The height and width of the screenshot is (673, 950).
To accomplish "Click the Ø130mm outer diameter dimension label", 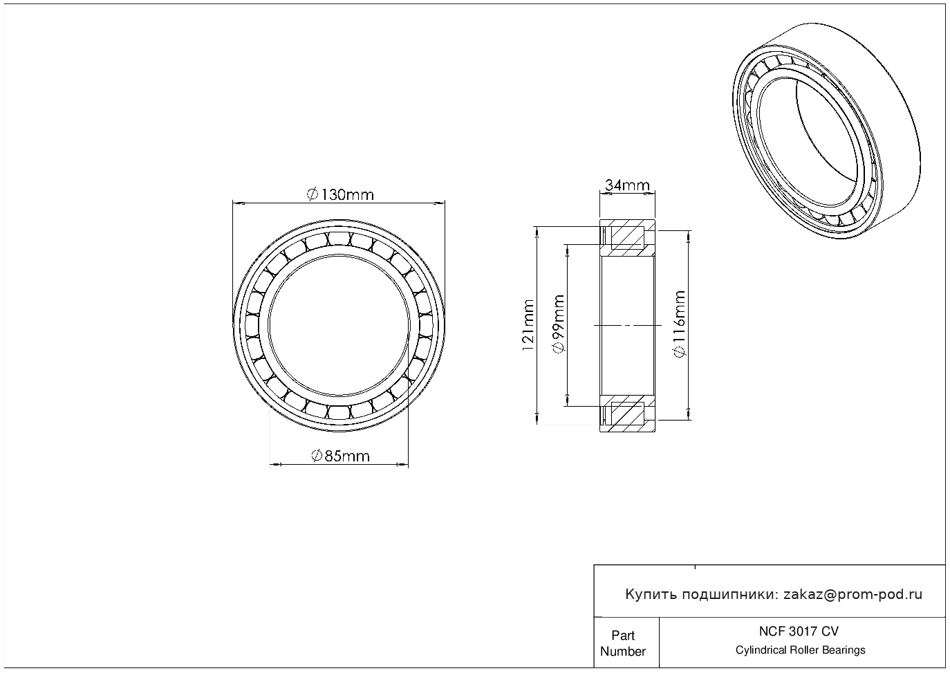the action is click(x=340, y=195).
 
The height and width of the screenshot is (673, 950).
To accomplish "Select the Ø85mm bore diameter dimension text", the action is click(x=341, y=457).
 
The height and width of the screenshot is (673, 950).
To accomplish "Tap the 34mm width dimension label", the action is click(x=627, y=185).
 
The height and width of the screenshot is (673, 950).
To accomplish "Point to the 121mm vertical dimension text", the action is click(x=528, y=326).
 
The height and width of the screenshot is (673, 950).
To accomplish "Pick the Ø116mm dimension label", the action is click(x=680, y=324).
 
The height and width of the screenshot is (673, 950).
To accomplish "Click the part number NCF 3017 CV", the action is click(x=799, y=631).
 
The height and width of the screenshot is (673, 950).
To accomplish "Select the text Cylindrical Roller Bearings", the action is click(x=800, y=650).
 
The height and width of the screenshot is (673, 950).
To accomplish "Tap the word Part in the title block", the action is click(x=622, y=635).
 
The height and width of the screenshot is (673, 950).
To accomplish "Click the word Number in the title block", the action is click(x=622, y=651).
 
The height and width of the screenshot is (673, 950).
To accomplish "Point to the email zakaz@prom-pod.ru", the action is click(x=853, y=595).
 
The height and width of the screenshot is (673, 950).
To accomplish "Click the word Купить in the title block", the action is click(x=651, y=595).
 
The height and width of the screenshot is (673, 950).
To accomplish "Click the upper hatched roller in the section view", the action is click(x=627, y=238).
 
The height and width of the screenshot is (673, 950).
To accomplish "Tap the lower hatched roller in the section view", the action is click(x=627, y=414).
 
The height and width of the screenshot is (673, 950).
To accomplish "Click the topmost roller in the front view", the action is click(x=339, y=239).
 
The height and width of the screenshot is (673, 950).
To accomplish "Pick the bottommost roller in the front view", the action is click(x=339, y=412).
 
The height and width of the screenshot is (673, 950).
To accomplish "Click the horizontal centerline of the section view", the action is click(x=627, y=326).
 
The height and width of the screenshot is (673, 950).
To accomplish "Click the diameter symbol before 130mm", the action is click(x=312, y=195).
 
